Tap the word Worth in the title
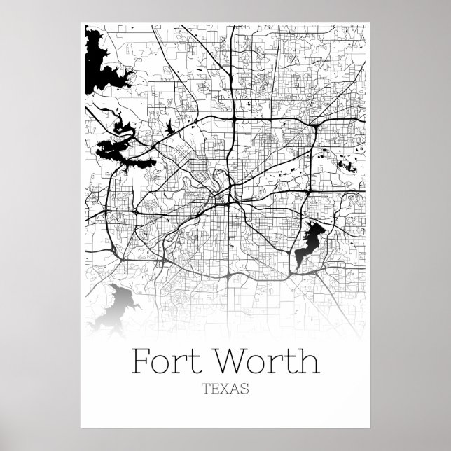point(269,363)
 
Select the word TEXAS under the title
point(225,389)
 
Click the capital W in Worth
point(235,363)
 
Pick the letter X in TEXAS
point(225,389)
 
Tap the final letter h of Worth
point(309,363)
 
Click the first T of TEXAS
point(204,389)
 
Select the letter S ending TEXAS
point(245,389)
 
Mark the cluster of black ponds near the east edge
point(346,165)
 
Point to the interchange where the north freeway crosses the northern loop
point(235,119)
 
